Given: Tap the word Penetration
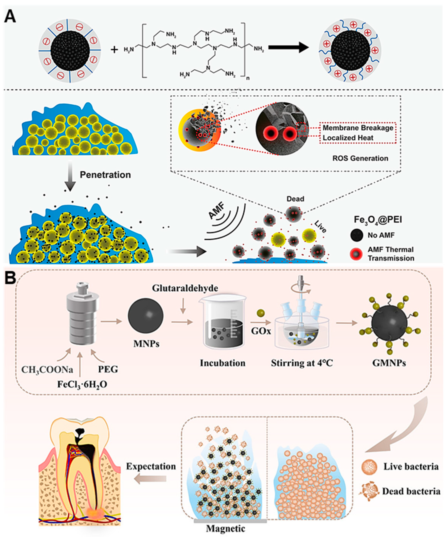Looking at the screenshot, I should pyautogui.click(x=105, y=175).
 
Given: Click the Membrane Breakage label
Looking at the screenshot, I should pyautogui.click(x=358, y=128).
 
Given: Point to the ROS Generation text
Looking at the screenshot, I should pyautogui.click(x=360, y=158).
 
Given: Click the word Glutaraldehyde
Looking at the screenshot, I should pyautogui.click(x=185, y=288).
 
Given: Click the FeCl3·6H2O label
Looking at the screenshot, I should pyautogui.click(x=82, y=384).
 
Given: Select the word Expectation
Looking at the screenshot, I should pyautogui.click(x=151, y=466).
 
